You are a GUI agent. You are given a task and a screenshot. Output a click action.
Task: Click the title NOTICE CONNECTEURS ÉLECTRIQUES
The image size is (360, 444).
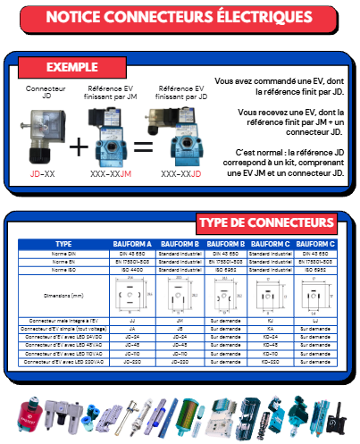(x=179, y=17)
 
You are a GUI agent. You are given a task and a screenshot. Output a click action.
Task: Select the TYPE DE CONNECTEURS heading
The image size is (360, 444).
(x=265, y=222)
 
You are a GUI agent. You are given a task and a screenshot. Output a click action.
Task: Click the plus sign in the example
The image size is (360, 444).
(x=80, y=146)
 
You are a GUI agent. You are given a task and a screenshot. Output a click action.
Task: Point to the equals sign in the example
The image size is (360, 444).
(x=142, y=146)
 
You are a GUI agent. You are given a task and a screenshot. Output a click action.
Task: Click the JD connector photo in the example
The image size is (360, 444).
(x=42, y=134)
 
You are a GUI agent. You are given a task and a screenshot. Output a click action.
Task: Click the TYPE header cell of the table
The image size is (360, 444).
(x=63, y=243)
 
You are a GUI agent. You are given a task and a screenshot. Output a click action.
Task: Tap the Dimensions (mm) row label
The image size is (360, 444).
(x=63, y=294)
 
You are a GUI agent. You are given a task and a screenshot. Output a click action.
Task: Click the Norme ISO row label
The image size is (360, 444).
(x=63, y=269)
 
